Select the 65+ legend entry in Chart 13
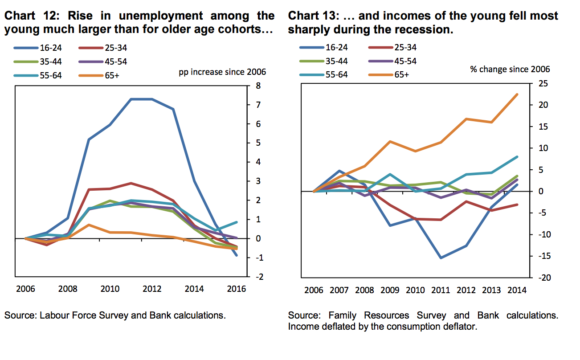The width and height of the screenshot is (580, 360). [x=401, y=74]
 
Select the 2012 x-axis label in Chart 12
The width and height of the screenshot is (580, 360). [x=152, y=289]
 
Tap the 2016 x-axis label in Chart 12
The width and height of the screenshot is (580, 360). [x=237, y=289]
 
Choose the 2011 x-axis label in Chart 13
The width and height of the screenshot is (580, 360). [x=441, y=290]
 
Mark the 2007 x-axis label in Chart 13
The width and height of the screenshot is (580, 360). [x=339, y=290]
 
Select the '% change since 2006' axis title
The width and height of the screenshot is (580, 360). [x=510, y=69]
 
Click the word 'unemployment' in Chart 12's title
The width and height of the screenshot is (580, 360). [x=159, y=16]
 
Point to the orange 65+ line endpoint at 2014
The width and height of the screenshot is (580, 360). [x=517, y=94]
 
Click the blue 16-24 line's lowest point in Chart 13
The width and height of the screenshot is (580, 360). [x=441, y=258]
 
